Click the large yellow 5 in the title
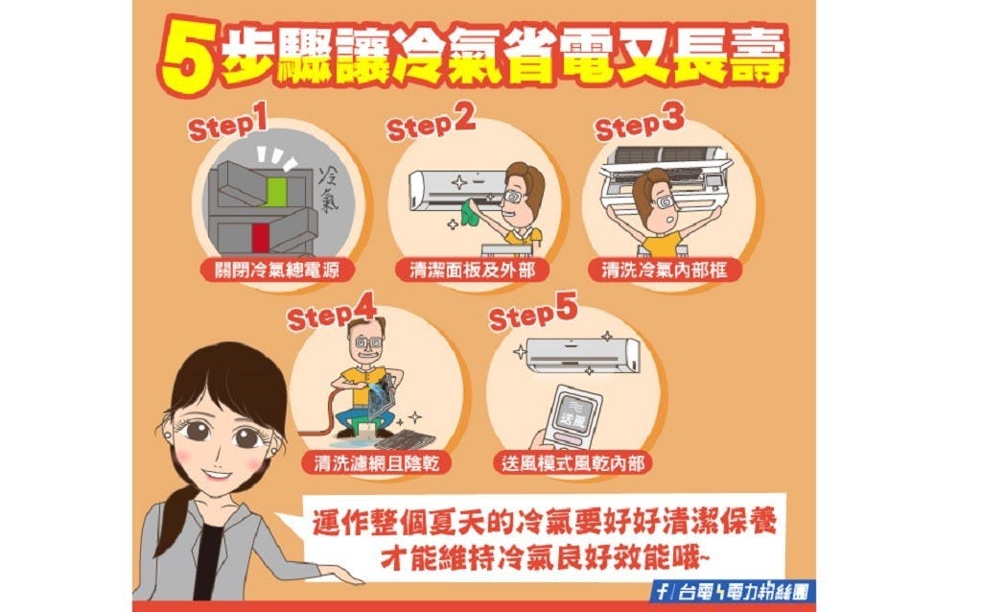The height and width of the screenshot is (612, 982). point(186,57)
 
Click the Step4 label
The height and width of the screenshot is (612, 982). point(331,311)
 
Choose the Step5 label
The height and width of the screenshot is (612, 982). point(532,311)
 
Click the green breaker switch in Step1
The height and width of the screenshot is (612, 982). point(273,191)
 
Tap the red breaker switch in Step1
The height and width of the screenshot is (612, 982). point(261,238)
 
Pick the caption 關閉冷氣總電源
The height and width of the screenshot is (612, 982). point(277,271)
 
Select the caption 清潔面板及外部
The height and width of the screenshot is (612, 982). point(472,271)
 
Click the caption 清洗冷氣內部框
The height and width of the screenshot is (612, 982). point(666,271)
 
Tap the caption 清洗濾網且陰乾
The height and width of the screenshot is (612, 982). point(376,463)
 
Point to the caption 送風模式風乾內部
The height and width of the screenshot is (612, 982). point(573,463)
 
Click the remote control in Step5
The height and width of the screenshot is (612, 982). point(571,416)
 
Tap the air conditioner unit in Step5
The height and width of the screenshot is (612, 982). point(582,355)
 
